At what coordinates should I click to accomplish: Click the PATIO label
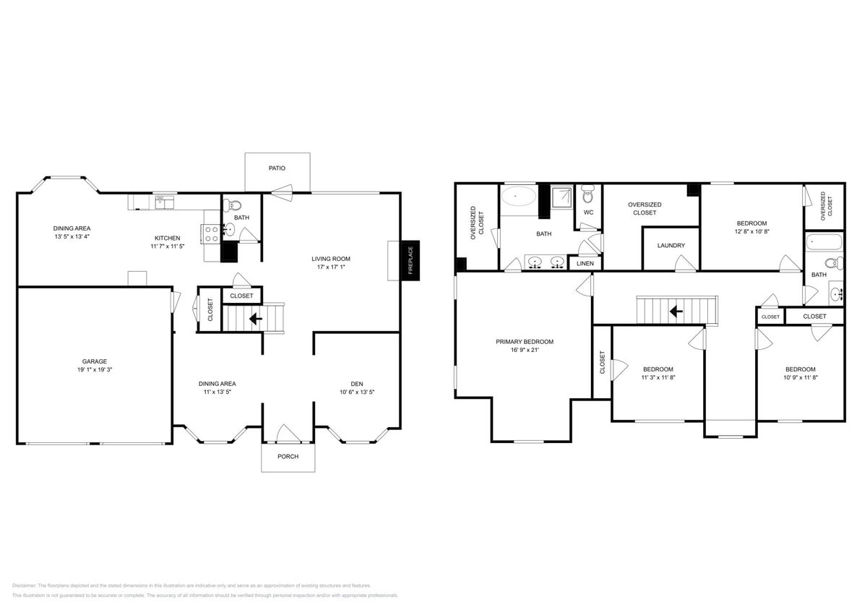277,168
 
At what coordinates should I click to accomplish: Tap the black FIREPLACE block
410,260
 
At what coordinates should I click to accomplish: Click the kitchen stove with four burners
212,233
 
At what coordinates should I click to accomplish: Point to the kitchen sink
164,203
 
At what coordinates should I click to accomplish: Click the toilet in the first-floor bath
236,205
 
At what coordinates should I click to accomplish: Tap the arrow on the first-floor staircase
255,317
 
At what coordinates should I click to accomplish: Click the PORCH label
288,456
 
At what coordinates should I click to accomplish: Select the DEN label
357,384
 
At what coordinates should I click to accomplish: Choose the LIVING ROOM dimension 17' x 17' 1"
331,267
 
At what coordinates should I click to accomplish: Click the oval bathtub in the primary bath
520,196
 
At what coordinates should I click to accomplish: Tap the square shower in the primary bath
561,196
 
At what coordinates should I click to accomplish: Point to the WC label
588,212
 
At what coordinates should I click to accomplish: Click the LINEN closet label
585,263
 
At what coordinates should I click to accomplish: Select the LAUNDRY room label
671,246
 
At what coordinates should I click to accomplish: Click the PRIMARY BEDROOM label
525,342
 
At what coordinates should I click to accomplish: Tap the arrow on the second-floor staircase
676,311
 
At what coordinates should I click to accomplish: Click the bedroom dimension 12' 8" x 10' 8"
751,232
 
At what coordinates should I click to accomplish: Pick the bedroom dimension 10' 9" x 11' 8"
800,377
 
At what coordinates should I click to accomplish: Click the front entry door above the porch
288,434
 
